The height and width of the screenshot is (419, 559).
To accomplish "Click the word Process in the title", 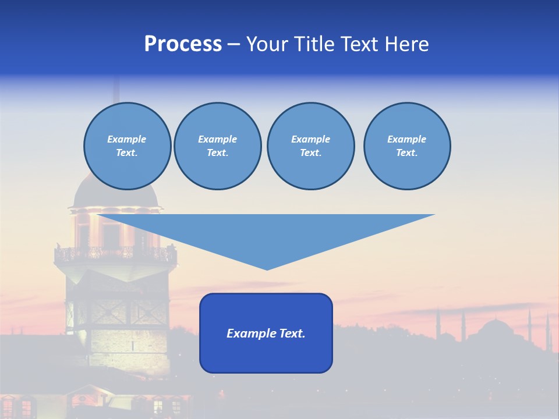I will pos(183,44).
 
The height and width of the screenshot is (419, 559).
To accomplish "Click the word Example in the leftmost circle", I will pos(127,139).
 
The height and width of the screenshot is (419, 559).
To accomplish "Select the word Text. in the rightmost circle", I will pos(406,152).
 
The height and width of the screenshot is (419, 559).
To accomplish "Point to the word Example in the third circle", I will pos(310,139).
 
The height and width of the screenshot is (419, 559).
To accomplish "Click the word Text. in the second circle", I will pos(217,152).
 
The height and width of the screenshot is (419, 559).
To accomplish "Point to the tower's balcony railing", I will pos(115,254).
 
